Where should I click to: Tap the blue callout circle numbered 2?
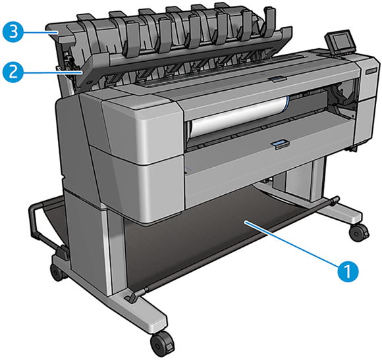point(12,71)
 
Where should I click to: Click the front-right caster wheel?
point(360,232)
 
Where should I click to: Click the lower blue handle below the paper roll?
point(280,143)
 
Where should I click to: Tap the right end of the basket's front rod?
point(335,199)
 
